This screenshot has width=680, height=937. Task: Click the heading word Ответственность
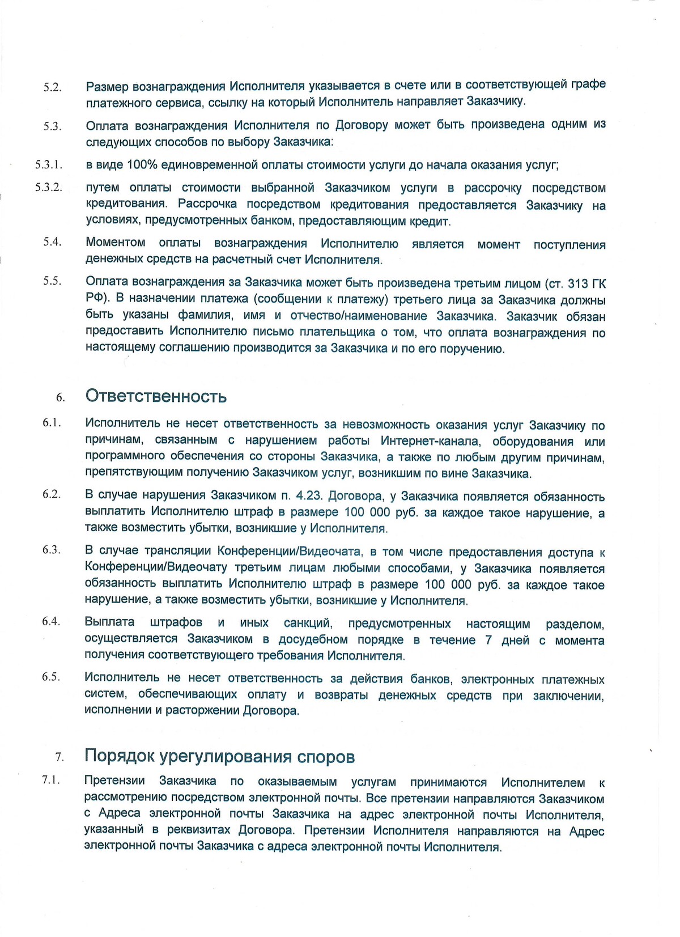tap(156, 396)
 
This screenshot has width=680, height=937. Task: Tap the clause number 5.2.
tap(52, 88)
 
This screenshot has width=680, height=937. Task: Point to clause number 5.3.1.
tap(48, 165)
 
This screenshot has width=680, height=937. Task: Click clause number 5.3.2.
tap(48, 187)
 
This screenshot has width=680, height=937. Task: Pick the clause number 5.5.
tap(52, 281)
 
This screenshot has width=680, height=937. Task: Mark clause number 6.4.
tap(51, 621)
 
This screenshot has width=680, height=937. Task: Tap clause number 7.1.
tap(51, 780)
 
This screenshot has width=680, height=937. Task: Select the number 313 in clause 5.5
tap(579, 283)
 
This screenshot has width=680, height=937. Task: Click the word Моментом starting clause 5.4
tap(116, 243)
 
